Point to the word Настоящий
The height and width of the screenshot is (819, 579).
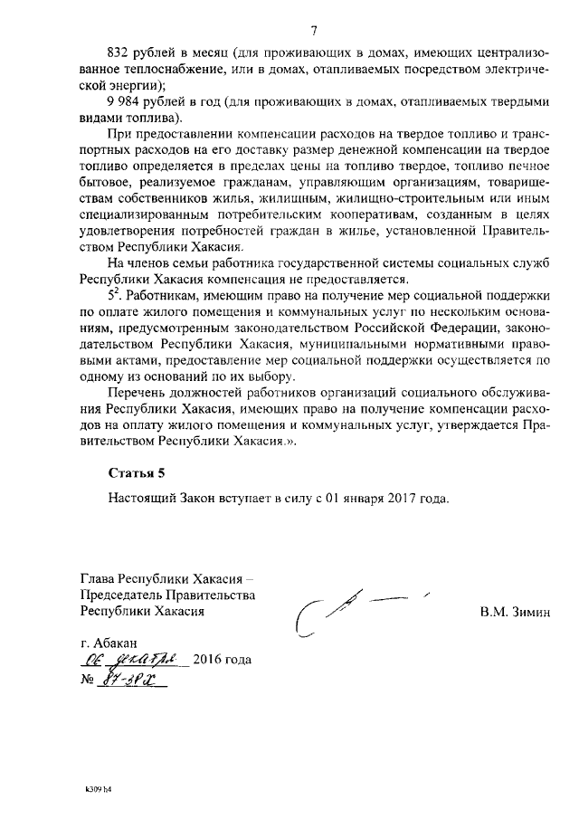[x=138, y=498]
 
